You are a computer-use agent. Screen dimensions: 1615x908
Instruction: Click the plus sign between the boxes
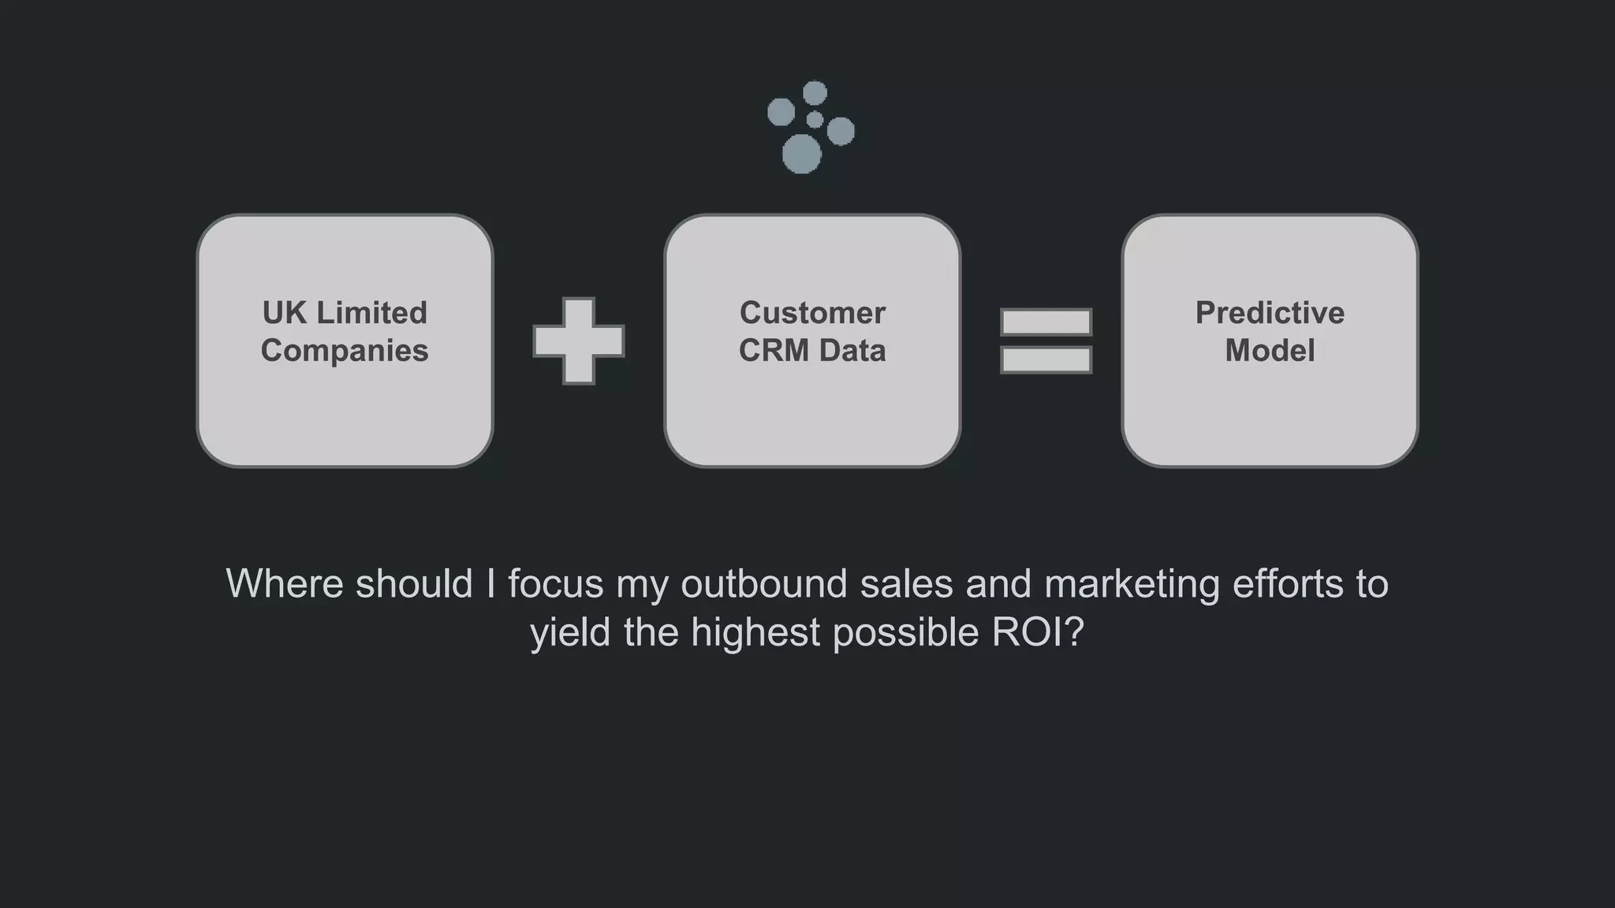(x=579, y=341)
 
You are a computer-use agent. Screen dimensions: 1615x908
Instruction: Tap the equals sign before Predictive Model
(x=1046, y=341)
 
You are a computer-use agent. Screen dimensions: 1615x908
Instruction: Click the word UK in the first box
(x=284, y=313)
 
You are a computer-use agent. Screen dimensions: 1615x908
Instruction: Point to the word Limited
(x=371, y=313)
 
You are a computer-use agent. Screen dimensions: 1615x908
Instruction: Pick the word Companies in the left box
(x=345, y=351)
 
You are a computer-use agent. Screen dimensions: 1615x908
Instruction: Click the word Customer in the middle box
(x=812, y=313)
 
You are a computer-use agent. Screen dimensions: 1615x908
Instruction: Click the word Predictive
(x=1270, y=313)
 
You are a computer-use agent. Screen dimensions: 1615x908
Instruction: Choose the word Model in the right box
(x=1270, y=351)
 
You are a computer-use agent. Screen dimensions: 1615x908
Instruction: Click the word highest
(x=755, y=633)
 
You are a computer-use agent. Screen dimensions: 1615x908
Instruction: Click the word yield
(x=570, y=633)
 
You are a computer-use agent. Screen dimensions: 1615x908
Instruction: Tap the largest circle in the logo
(x=801, y=154)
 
